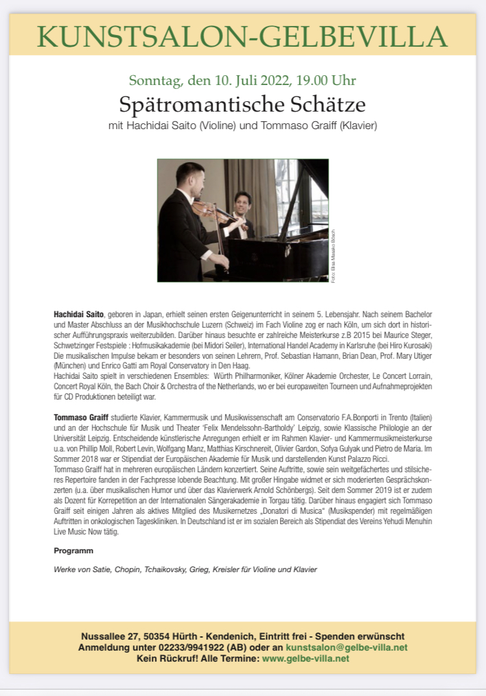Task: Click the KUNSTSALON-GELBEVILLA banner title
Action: point(242,37)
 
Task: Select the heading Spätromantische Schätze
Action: point(242,104)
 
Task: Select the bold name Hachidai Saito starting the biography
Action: point(78,314)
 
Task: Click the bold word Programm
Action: point(73,551)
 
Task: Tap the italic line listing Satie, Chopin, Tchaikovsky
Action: point(185,570)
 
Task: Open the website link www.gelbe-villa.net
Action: point(305,658)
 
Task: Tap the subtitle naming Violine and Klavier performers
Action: point(242,124)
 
